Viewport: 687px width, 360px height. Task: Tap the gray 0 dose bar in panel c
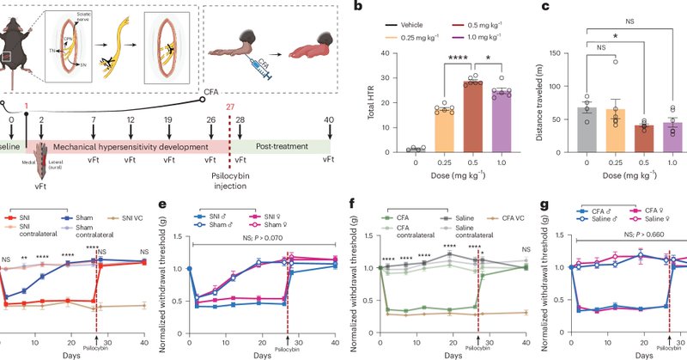click(587, 131)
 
